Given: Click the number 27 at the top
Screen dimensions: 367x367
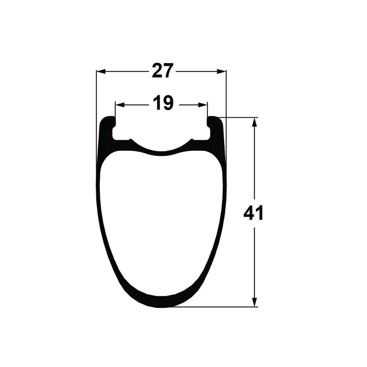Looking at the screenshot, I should tap(163, 71).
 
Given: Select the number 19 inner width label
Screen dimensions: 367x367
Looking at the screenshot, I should tap(163, 103).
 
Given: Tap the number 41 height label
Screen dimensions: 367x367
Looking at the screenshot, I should tap(253, 213).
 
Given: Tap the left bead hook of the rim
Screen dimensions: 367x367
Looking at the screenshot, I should tap(109, 122).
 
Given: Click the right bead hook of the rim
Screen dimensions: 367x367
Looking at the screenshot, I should tap(214, 122).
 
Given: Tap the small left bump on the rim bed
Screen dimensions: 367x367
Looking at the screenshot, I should tap(131, 140).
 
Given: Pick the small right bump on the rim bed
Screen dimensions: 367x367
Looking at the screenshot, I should tap(192, 140).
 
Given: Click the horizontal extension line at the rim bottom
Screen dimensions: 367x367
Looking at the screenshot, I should tap(214, 307).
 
